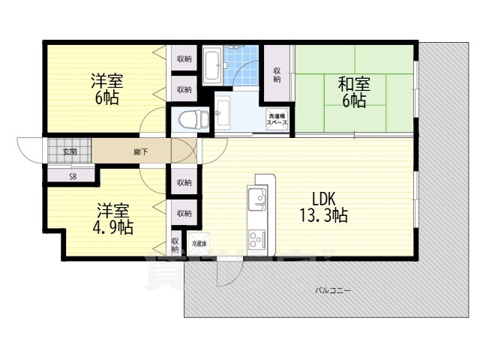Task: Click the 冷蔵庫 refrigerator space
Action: [x=198, y=244]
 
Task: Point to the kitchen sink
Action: [x=255, y=200]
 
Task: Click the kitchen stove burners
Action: [x=256, y=239]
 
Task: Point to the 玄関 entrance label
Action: [x=69, y=152]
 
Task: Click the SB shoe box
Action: [x=72, y=177]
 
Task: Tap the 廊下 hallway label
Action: [x=140, y=152]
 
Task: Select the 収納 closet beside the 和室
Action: [x=277, y=73]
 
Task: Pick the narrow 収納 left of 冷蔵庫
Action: [x=174, y=245]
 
